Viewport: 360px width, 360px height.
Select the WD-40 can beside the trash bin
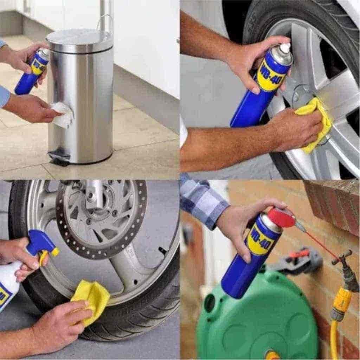32,72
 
